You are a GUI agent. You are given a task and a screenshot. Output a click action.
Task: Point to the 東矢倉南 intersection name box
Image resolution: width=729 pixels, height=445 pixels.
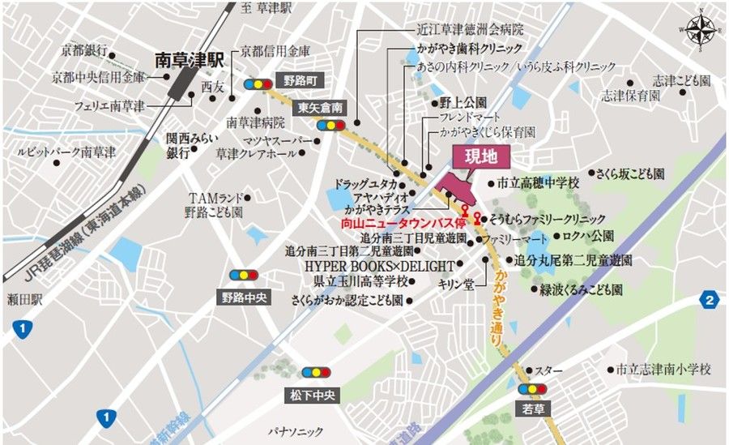[320, 107]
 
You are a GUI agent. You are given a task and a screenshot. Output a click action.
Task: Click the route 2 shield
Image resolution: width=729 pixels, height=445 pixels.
[710, 301]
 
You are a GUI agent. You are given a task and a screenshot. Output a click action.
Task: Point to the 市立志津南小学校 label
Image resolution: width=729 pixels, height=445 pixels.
[663, 369]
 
